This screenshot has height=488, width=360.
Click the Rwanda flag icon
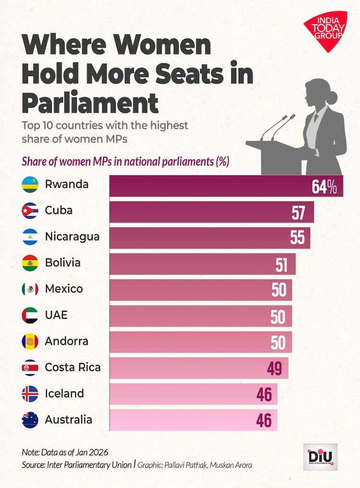coord(30,185)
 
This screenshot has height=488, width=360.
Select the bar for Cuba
coord(211,212)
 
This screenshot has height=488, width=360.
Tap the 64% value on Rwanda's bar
coord(324,186)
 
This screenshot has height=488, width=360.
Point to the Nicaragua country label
coord(72,237)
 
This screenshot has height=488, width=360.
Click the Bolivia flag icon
coord(30,263)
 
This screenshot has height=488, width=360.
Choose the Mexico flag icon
coord(30,289)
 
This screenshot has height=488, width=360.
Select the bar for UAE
coord(201,316)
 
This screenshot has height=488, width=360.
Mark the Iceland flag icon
coord(30,394)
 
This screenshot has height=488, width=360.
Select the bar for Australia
coord(193,420)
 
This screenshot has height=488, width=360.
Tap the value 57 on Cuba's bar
coord(299,212)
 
